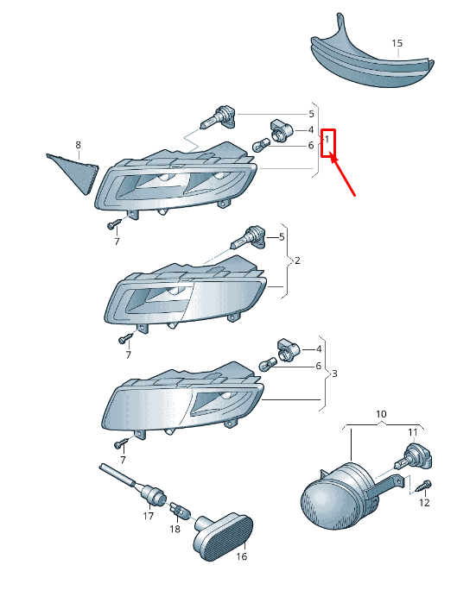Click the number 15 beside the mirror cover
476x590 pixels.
coord(397,43)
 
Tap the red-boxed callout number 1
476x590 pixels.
coord(327,139)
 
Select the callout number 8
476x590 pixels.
coord(78,145)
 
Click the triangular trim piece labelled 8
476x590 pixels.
coord(73,173)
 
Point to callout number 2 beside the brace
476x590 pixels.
coord(297,260)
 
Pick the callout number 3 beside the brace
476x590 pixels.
coord(334,373)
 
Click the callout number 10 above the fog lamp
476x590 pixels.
coord(381,414)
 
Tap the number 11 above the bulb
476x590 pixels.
coord(413,432)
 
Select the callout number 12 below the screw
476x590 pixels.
coord(424,503)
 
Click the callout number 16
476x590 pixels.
coord(242,556)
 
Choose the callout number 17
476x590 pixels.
coord(149,516)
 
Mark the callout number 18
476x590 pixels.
coord(175,529)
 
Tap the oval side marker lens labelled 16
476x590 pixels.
coord(223,537)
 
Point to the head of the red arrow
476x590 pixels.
coord(333,157)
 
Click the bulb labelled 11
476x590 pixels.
coord(414,457)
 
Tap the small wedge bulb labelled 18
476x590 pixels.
coord(181,510)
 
